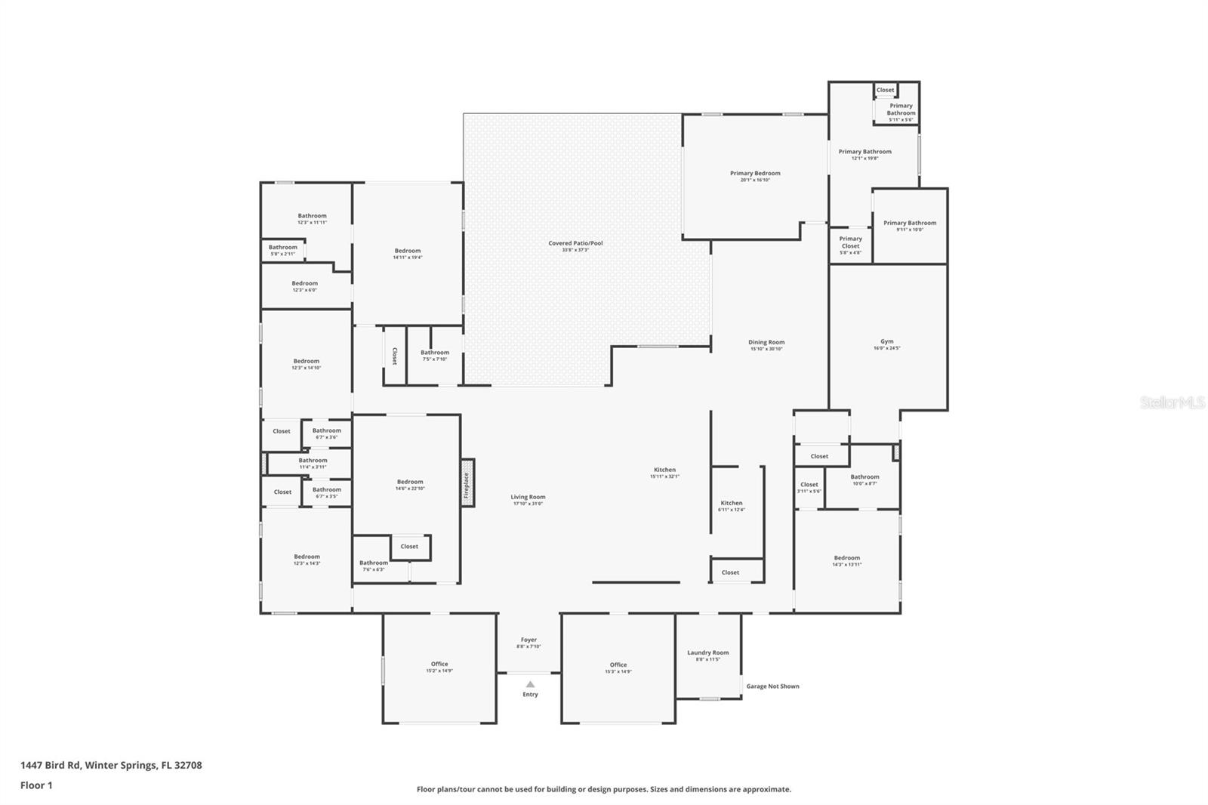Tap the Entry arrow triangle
530,684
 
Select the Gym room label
886,342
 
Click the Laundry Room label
707,653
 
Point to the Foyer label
528,640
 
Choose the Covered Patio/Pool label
575,244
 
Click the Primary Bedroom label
755,174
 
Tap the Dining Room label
766,343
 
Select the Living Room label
528,498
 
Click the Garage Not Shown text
772,686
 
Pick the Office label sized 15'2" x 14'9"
439,665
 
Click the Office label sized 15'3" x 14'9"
618,665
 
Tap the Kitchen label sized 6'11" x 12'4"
731,504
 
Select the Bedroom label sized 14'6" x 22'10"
410,483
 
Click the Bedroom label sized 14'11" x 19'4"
407,251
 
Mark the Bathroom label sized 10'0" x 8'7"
864,477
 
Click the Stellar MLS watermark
1172,403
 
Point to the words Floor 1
36,785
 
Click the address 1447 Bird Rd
51,765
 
